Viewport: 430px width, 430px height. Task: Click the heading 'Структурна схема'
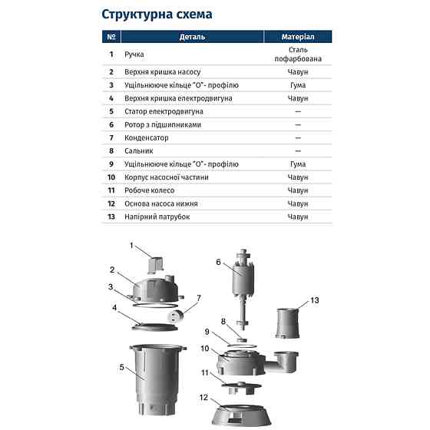[157, 15]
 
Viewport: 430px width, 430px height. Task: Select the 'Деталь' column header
[192, 37]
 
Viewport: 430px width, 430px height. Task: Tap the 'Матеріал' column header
[297, 37]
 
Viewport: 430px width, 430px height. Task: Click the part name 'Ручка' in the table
[134, 55]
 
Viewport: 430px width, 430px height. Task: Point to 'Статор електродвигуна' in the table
[164, 112]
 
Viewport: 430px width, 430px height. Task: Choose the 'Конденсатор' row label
[147, 138]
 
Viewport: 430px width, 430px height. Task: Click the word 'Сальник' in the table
[139, 151]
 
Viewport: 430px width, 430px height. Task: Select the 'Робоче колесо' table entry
[150, 190]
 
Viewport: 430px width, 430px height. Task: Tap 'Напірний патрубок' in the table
[157, 217]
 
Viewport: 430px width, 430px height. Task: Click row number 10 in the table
[111, 177]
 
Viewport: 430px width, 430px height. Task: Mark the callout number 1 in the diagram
[131, 246]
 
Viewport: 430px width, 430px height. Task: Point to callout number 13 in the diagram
[314, 299]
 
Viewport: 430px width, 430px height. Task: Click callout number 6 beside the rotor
[218, 263]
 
